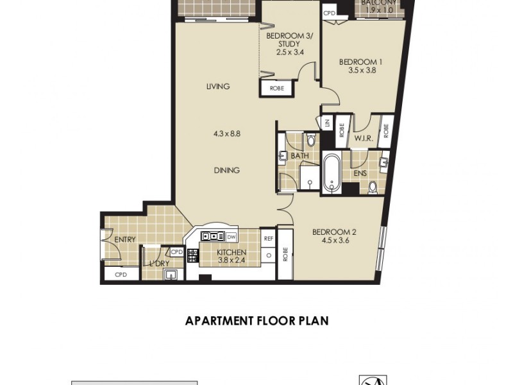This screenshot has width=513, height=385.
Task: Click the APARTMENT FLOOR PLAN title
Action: point(256,320)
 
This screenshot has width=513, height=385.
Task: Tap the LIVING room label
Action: point(218,87)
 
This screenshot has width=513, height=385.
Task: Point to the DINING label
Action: point(227,170)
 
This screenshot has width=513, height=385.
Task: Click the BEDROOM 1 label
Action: point(360,62)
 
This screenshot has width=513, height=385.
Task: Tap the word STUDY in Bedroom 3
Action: point(283,44)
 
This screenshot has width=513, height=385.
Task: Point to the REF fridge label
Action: point(268,238)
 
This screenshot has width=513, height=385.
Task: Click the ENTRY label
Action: point(124,239)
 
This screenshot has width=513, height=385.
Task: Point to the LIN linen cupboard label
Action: point(326,124)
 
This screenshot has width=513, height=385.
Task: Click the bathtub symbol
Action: point(331,173)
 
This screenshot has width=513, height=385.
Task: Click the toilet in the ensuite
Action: point(373,187)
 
